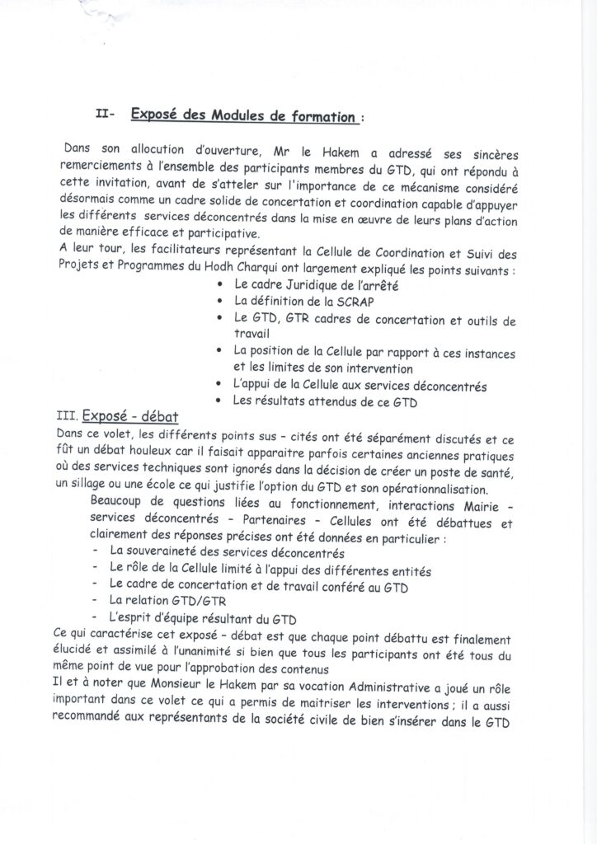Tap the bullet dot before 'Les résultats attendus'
coord(217,401)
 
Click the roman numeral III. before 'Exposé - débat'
coord(68,418)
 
